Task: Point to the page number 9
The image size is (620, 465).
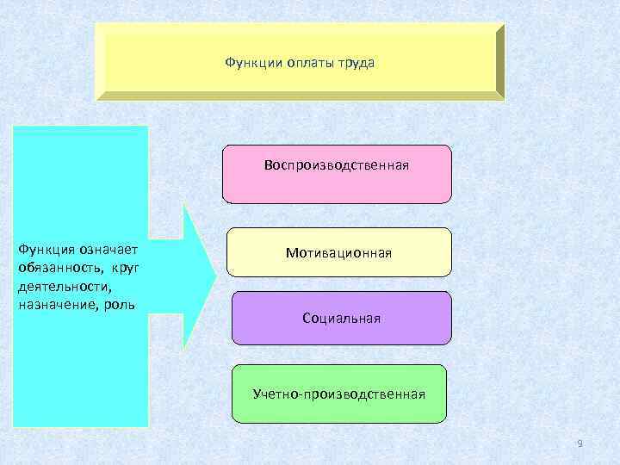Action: [x=580, y=443]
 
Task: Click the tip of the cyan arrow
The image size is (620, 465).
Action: [x=214, y=276]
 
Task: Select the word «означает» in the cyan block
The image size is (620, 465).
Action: [x=108, y=249]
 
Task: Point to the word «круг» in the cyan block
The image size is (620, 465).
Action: [x=125, y=268]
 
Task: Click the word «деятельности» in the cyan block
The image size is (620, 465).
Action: [x=58, y=287]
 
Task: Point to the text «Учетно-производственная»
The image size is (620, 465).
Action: [x=339, y=394]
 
